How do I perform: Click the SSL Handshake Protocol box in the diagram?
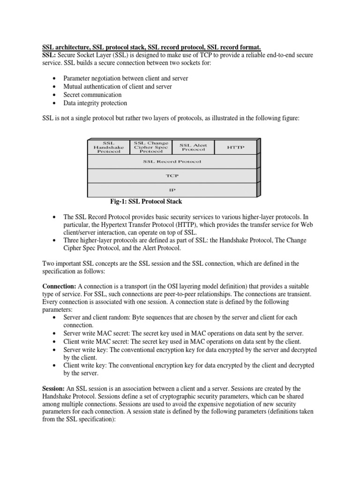(x=108, y=147)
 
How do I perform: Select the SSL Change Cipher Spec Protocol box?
(x=151, y=147)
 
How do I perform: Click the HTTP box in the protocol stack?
(x=235, y=147)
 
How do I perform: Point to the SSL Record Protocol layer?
(x=172, y=161)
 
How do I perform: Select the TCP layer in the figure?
(x=172, y=176)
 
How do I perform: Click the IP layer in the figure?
(x=172, y=190)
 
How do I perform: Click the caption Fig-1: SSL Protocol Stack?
(x=146, y=202)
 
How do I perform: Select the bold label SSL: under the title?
(x=49, y=55)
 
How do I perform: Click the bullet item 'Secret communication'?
(x=92, y=95)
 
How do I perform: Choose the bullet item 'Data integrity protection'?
(x=95, y=103)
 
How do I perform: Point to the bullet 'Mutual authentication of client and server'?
(x=118, y=86)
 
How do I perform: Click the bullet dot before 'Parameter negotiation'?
(x=56, y=78)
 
